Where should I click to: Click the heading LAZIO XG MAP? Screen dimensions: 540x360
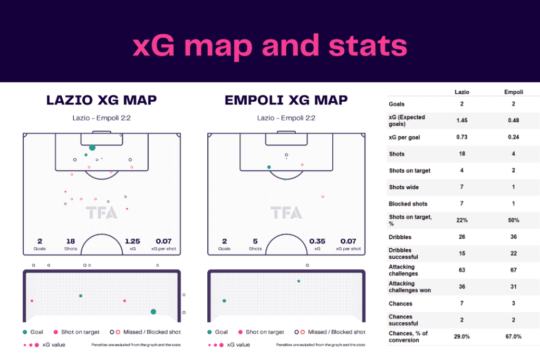102,100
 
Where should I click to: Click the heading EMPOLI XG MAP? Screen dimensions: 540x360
286,100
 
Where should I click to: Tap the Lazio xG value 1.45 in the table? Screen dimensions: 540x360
462,121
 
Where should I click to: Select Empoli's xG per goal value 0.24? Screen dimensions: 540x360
513,137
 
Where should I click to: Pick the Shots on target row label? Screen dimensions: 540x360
409,170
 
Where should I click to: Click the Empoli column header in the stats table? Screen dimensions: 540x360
514,92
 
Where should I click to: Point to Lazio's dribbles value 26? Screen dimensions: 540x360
462,237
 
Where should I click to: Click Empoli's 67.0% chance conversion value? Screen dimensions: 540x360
513,337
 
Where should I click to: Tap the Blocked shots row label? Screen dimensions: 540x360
408,204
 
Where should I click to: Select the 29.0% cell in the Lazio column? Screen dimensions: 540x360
462,337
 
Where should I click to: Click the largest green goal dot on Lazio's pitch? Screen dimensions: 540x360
92,148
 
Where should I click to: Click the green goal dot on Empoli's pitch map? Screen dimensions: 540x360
269,167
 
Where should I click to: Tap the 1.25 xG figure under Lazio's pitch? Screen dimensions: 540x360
132,241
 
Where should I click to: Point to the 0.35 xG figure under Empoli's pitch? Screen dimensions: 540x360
317,241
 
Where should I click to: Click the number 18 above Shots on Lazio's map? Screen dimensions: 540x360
71,241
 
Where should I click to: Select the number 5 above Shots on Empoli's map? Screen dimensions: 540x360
255,241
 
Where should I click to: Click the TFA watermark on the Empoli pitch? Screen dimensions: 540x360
286,213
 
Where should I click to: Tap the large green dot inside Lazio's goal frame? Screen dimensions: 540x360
153,312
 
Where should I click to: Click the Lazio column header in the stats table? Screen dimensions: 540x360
462,92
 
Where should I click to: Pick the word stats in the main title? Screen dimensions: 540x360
368,46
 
